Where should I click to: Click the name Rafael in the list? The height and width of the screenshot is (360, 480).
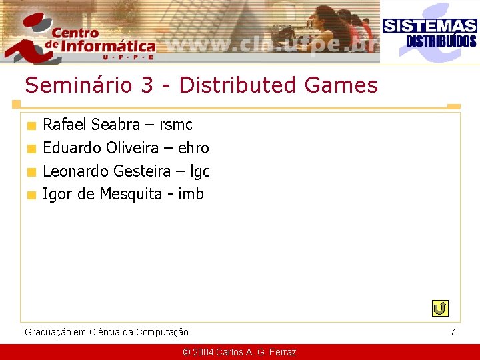click(65, 125)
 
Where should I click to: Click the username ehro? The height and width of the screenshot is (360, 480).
click(193, 148)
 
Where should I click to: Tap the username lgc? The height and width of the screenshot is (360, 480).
click(200, 172)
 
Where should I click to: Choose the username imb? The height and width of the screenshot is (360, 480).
click(191, 195)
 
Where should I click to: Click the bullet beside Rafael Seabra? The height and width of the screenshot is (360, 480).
click(31, 125)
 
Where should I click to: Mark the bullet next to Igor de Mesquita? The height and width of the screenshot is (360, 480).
click(31, 195)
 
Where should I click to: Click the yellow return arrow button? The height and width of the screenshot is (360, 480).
click(440, 309)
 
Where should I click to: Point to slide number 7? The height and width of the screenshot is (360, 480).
click(453, 332)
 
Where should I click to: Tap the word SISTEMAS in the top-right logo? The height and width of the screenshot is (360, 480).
click(429, 26)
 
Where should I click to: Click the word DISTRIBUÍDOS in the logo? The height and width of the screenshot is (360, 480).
click(441, 41)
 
